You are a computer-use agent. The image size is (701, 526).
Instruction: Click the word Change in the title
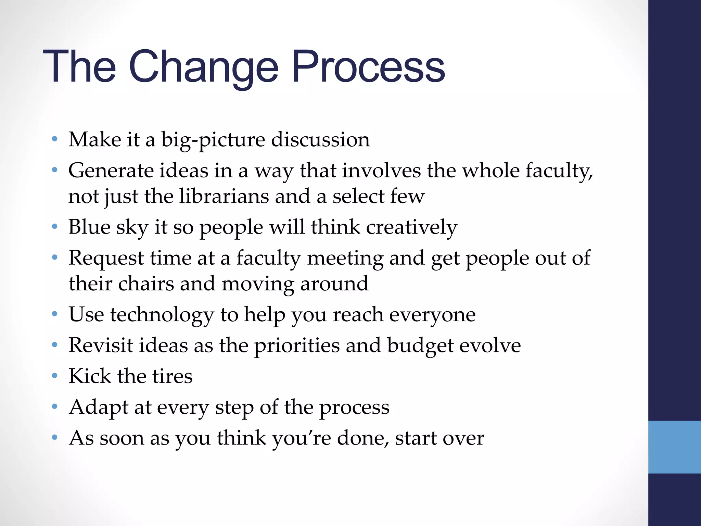pyautogui.click(x=203, y=67)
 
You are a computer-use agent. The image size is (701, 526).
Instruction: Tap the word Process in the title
pyautogui.click(x=368, y=67)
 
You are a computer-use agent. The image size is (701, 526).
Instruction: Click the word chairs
pyautogui.click(x=146, y=284)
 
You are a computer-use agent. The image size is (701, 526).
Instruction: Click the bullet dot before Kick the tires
pyautogui.click(x=54, y=376)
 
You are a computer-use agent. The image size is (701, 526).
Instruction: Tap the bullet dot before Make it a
pyautogui.click(x=54, y=139)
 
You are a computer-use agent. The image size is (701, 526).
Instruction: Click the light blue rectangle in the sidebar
pyautogui.click(x=674, y=447)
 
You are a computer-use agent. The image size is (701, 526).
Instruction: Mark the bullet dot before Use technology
pyautogui.click(x=54, y=314)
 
